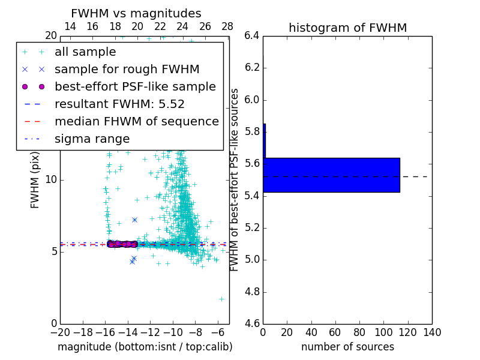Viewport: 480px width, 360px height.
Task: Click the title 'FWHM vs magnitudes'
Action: tap(136, 13)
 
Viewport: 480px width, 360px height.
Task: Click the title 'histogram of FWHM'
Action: tap(347, 28)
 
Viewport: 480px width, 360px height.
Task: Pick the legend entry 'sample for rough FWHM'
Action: tap(127, 69)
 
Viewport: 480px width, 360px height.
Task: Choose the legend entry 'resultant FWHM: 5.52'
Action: tap(119, 104)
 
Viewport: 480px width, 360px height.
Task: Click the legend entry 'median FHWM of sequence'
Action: tap(136, 121)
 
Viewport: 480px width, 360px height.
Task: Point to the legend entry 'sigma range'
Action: tap(92, 139)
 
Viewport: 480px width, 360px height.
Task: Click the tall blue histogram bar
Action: tap(331, 175)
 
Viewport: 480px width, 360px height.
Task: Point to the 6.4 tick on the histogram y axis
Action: tap(251, 35)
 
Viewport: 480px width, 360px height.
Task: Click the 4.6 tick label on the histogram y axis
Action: tap(251, 324)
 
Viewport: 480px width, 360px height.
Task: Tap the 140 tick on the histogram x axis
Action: tap(431, 332)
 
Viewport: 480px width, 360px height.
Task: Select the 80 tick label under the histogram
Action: tap(359, 332)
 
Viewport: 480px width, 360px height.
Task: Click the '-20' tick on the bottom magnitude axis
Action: tap(60, 332)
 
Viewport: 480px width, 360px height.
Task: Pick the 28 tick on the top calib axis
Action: tap(227, 26)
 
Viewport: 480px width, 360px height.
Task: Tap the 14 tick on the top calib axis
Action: tap(70, 26)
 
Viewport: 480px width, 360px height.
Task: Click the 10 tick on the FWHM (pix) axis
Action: tap(51, 179)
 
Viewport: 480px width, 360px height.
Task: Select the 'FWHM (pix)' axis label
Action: tap(35, 179)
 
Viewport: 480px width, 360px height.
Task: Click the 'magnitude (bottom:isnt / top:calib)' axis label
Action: tap(145, 347)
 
